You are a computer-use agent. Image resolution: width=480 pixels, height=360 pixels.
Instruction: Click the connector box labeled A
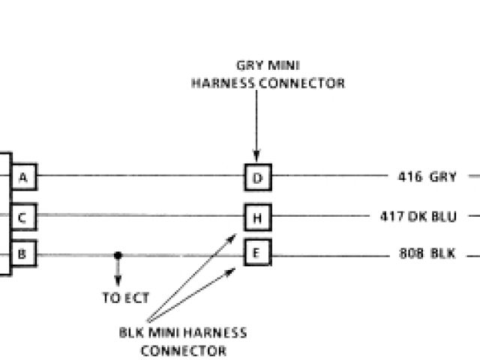(23, 178)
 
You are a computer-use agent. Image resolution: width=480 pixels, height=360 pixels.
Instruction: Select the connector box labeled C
(23, 217)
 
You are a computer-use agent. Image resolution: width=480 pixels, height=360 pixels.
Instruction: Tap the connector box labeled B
(23, 254)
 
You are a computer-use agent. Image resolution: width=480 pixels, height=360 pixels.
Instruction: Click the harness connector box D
(257, 178)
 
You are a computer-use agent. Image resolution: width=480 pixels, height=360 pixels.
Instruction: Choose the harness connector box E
(257, 253)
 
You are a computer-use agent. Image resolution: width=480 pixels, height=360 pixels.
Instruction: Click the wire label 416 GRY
(427, 178)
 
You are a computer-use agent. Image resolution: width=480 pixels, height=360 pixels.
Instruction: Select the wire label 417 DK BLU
(418, 217)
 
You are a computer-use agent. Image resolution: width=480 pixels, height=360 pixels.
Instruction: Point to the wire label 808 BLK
(427, 253)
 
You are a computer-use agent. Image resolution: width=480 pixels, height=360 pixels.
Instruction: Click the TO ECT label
(125, 298)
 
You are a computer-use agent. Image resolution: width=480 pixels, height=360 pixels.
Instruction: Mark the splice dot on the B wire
(117, 255)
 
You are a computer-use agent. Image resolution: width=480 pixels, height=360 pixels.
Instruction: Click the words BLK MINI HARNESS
(183, 332)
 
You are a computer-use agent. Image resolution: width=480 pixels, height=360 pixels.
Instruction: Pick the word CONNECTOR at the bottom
(184, 349)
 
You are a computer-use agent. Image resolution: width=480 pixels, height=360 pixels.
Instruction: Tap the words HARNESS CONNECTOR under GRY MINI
(268, 83)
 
